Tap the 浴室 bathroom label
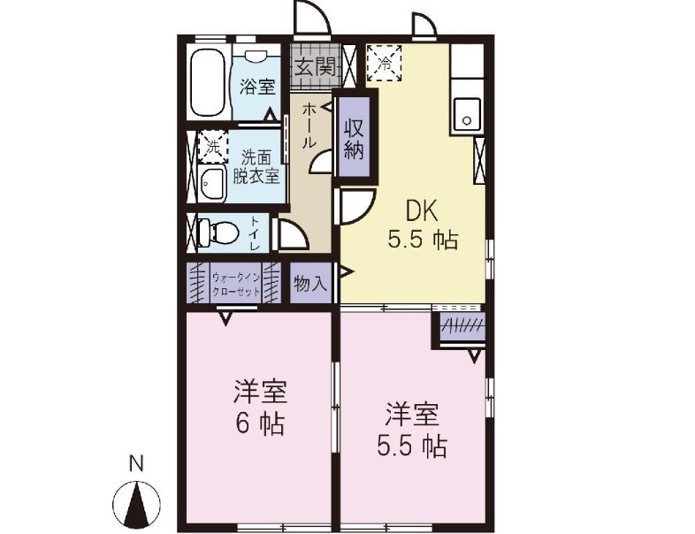pyautogui.click(x=256, y=87)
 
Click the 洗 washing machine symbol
pyautogui.click(x=211, y=147)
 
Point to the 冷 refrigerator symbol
pyautogui.click(x=385, y=63)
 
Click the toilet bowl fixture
pyautogui.click(x=217, y=233)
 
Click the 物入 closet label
pyautogui.click(x=310, y=283)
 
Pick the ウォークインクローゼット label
pyautogui.click(x=235, y=283)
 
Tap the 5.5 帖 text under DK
pyautogui.click(x=423, y=240)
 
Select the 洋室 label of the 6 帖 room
pyautogui.click(x=260, y=391)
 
